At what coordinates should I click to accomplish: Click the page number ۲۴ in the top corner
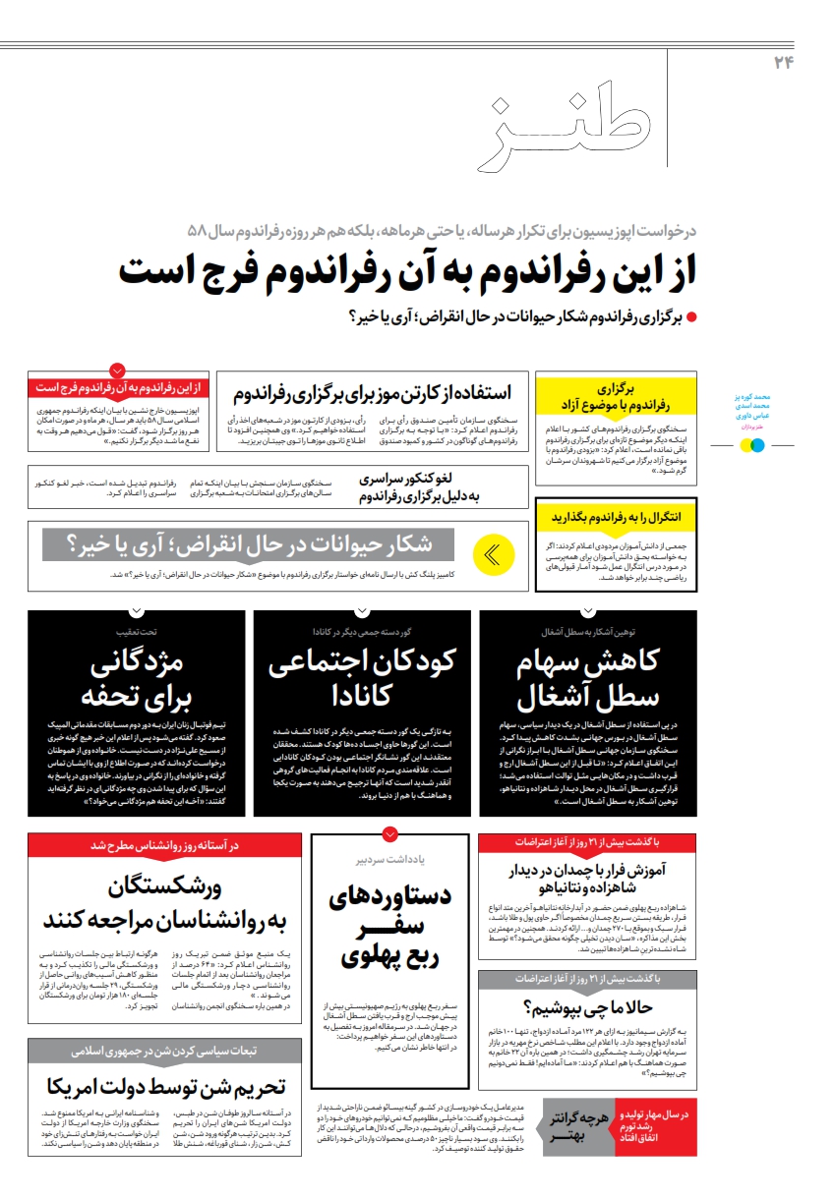(783, 63)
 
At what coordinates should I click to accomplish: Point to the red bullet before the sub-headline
(690, 317)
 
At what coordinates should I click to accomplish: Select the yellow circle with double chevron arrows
(494, 554)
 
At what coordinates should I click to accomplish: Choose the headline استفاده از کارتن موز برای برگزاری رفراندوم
(373, 393)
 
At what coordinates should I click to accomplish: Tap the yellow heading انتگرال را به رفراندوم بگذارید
(617, 516)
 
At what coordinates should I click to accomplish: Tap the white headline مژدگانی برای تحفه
(136, 679)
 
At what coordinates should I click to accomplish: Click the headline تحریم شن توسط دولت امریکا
(165, 1086)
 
